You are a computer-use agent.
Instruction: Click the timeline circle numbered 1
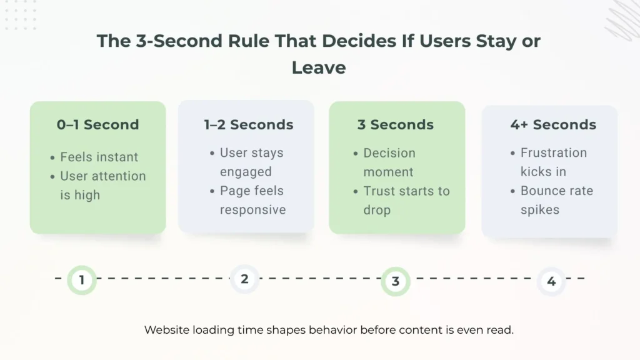point(81,279)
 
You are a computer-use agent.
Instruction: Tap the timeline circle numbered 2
point(244,279)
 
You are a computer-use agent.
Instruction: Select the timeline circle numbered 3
point(395,281)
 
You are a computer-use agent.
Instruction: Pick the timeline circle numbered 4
point(551,281)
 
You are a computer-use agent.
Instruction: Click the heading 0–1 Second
point(98,124)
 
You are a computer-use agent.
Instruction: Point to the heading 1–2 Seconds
point(248,124)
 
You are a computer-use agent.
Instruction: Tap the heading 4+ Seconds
point(553,124)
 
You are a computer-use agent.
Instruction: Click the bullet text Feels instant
point(99,157)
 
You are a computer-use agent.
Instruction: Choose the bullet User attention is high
point(102,186)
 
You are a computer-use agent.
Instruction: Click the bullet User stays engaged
point(251,162)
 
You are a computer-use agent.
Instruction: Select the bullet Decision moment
point(389,162)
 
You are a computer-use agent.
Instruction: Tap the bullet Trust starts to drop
point(406,200)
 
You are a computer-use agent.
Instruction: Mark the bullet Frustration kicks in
point(553,162)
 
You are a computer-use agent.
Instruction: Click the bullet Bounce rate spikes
point(556,200)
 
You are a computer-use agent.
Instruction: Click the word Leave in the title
point(319,67)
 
